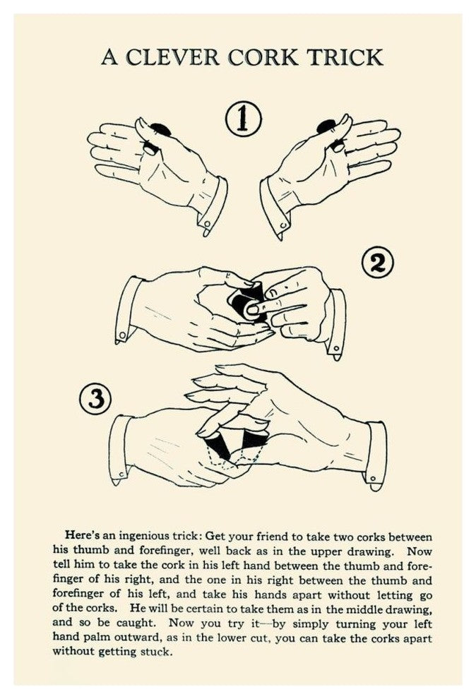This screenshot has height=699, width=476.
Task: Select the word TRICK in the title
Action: tap(345, 57)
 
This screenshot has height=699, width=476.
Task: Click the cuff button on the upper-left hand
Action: tap(206, 222)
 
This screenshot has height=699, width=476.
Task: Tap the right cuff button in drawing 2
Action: tap(336, 348)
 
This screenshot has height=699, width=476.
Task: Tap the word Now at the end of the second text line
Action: tap(420, 551)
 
